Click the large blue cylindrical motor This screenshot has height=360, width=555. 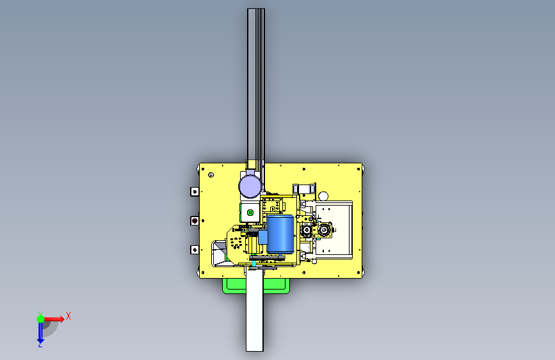coord(280,234)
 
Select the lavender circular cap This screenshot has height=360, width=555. coord(250,186)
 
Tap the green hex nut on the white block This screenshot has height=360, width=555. coord(250,213)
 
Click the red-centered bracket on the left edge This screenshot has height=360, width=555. coord(195,221)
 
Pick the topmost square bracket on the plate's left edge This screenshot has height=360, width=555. coord(195,192)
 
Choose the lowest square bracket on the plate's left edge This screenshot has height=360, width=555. coord(195,250)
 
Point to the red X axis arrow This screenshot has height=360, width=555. coord(53,319)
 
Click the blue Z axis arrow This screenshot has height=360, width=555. coord(40,332)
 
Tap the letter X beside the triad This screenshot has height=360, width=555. coord(68,316)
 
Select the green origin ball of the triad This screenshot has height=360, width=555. coord(40,319)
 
